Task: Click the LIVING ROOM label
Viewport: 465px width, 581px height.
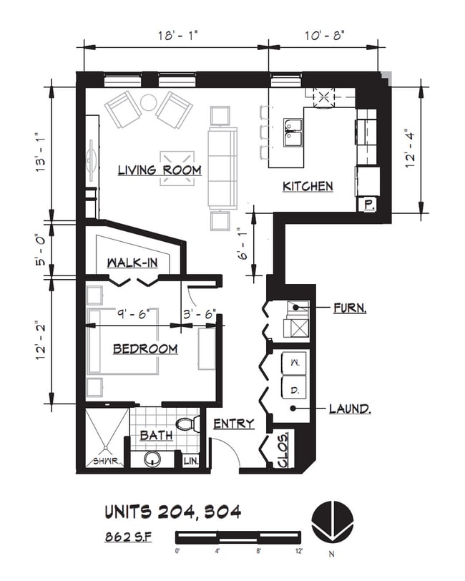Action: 159,170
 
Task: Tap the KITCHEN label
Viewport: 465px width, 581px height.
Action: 308,186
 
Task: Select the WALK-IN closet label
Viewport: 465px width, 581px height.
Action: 132,263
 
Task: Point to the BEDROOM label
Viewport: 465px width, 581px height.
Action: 145,348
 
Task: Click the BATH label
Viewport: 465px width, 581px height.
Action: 155,435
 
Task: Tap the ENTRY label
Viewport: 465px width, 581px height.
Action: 234,424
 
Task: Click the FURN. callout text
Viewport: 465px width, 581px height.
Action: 350,309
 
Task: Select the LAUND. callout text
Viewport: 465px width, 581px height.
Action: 349,409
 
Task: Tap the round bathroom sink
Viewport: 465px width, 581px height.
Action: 154,459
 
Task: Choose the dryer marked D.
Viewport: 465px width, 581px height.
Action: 295,390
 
